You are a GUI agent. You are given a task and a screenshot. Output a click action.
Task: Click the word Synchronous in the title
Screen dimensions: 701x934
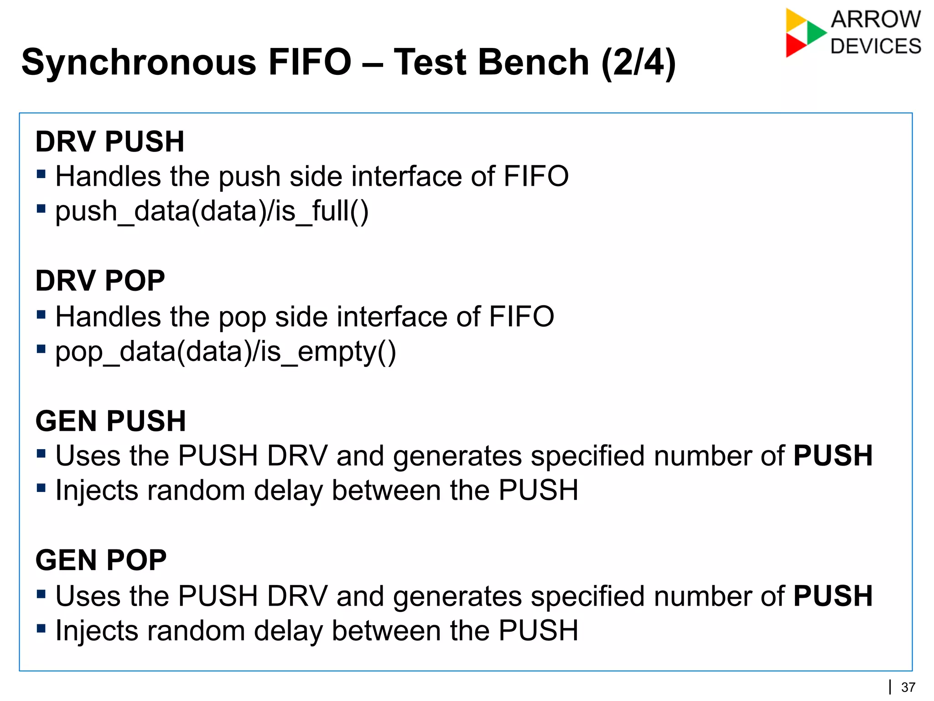point(139,63)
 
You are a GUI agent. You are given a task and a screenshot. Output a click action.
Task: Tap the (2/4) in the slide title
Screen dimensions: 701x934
point(638,63)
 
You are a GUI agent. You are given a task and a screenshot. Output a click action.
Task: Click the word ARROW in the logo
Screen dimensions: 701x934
point(875,20)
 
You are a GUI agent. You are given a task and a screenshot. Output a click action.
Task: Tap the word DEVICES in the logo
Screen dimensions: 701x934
point(875,47)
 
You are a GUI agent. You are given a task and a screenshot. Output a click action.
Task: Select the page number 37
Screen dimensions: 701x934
point(908,687)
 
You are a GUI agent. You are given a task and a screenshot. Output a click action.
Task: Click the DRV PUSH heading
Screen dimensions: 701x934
point(110,141)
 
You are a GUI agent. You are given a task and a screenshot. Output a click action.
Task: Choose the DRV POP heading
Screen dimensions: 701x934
point(100,281)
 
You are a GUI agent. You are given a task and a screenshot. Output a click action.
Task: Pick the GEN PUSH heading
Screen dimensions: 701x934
point(111,421)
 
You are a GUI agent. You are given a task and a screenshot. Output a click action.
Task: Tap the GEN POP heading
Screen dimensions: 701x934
point(101,560)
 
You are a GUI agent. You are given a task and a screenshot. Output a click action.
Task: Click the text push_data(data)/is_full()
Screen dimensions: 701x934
point(212,211)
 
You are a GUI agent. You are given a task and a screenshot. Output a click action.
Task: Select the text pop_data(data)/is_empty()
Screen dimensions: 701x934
point(225,352)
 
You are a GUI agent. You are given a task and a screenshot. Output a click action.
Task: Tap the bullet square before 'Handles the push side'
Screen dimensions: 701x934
point(41,174)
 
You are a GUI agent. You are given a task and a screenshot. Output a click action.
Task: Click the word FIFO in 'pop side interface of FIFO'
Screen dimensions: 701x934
point(521,317)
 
